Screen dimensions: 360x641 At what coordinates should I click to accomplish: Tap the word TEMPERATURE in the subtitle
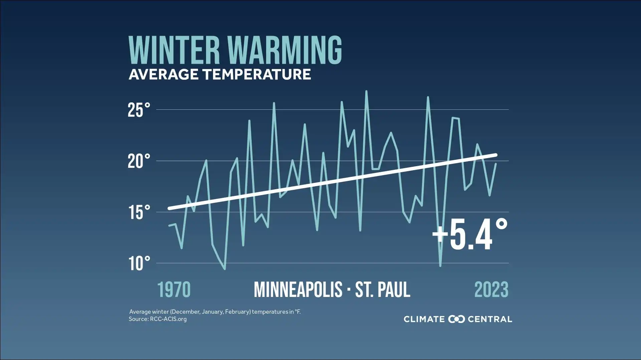[x=256, y=74]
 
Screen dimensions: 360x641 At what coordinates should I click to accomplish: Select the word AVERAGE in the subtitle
[x=164, y=74]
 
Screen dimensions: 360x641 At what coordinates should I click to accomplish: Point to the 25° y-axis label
[x=139, y=110]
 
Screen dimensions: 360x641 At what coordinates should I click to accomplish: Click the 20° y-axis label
[x=139, y=161]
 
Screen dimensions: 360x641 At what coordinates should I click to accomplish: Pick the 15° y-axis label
[x=139, y=212]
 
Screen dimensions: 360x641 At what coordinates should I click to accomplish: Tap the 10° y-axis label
[x=139, y=264]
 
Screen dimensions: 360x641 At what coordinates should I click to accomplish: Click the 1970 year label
[x=174, y=290]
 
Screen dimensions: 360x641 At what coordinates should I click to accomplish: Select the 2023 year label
[x=491, y=290]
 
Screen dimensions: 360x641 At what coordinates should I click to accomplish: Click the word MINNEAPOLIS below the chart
[x=298, y=290]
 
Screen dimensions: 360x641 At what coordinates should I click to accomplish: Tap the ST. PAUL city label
[x=383, y=290]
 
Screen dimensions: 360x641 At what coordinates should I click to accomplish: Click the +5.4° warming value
[x=470, y=235]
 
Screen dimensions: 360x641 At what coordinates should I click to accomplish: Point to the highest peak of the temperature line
[x=366, y=91]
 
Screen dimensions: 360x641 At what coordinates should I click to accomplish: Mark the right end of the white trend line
[x=496, y=155]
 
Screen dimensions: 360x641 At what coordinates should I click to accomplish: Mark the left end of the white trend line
[x=169, y=209]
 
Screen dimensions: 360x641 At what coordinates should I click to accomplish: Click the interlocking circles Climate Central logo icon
[x=456, y=319]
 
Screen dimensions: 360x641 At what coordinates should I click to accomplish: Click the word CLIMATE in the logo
[x=424, y=319]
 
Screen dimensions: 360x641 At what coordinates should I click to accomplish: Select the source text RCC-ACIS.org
[x=168, y=319]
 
